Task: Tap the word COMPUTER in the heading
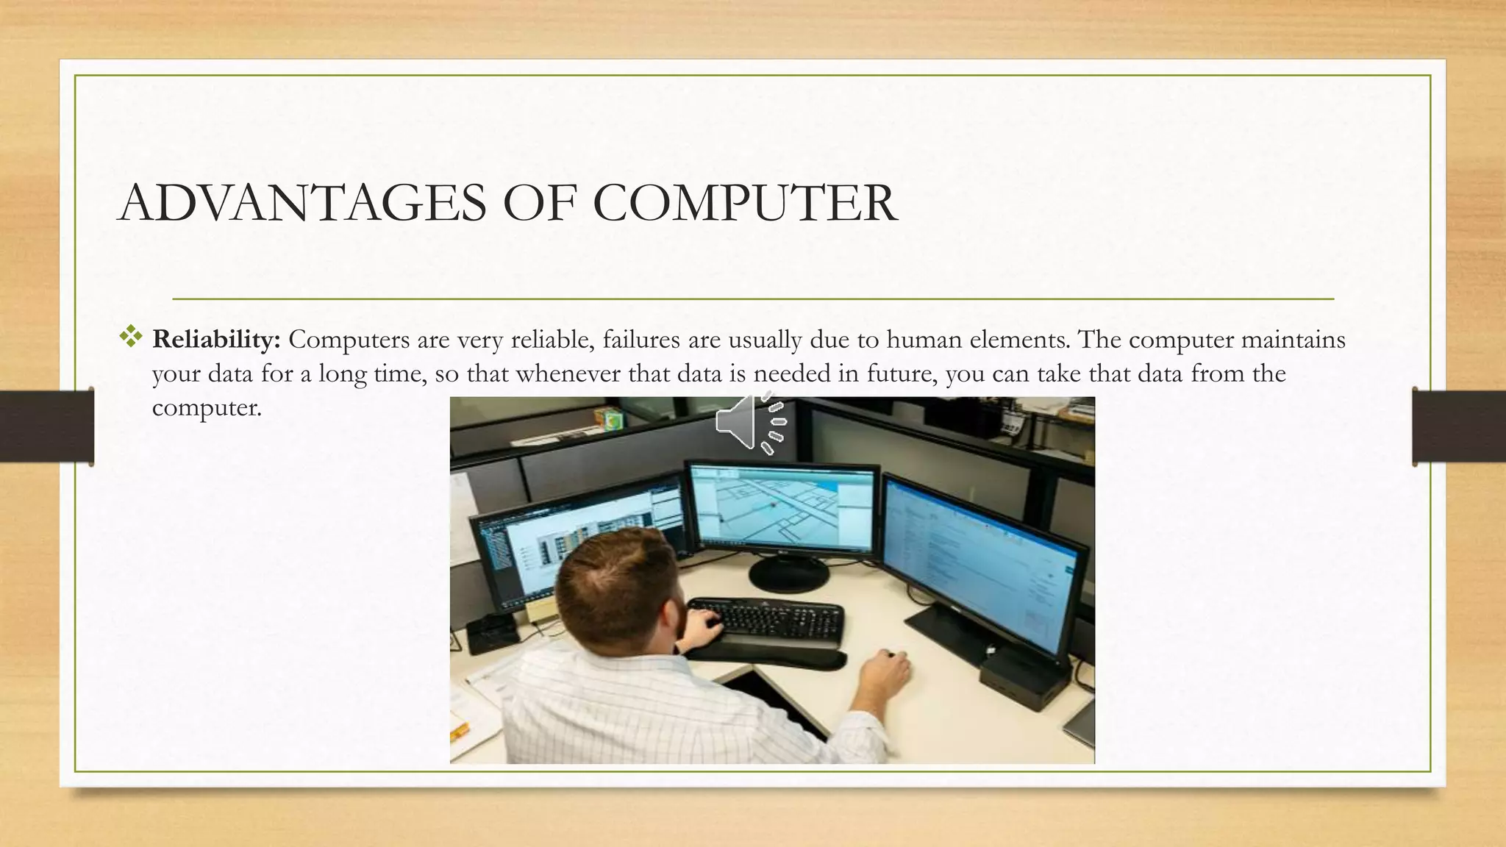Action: pyautogui.click(x=744, y=203)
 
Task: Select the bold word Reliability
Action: pyautogui.click(x=216, y=340)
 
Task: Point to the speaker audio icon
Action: pyautogui.click(x=750, y=422)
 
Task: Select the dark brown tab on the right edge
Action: pyautogui.click(x=1459, y=426)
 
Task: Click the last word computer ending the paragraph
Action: pyautogui.click(x=206, y=407)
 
